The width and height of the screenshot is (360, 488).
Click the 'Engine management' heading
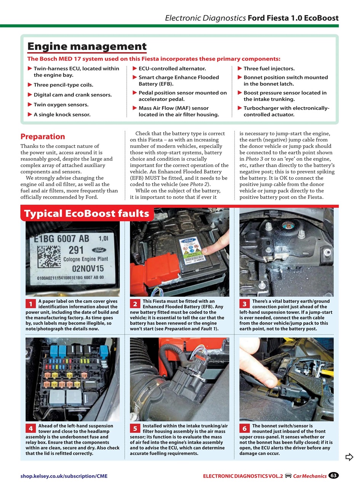coord(87,47)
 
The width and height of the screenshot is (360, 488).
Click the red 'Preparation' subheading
coord(43,136)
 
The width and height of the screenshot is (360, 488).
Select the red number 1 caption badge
coord(30,304)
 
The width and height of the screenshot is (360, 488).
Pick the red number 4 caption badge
coord(30,428)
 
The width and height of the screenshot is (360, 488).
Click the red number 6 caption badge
coord(245,428)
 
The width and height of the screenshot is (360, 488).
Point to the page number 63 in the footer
coord(334,475)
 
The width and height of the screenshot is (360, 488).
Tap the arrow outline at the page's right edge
coord(349,457)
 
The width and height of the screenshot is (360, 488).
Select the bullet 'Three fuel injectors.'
coord(269,69)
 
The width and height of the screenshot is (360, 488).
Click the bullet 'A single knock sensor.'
coord(62,114)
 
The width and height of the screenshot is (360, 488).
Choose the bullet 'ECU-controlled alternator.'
coord(172,69)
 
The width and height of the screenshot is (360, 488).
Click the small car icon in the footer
coord(288,475)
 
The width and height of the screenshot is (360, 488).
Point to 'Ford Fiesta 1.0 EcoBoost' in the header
coord(293,18)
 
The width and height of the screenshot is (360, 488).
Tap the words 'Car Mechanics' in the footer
coord(310,476)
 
